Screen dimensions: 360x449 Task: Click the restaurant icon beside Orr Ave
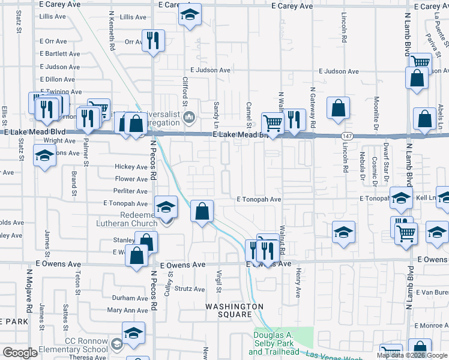tap(153, 40)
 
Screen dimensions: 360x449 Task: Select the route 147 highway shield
tap(346, 136)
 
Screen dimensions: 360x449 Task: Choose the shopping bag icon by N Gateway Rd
tap(339, 108)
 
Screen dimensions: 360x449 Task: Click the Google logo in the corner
tap(20, 353)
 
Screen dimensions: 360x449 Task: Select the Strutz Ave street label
tap(190, 289)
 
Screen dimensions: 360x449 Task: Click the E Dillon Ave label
tap(58, 79)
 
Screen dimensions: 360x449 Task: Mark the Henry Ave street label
tap(298, 283)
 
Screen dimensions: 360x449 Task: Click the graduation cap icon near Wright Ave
tap(44, 157)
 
